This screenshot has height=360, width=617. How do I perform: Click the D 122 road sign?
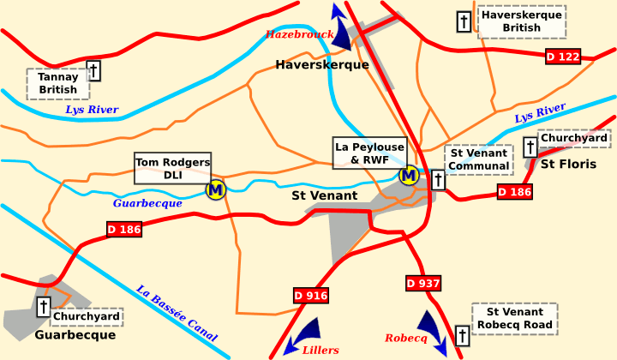click(563, 57)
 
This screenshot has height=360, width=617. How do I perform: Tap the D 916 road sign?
click(311, 296)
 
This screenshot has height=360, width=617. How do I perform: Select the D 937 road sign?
click(422, 283)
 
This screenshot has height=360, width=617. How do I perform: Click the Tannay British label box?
click(57, 83)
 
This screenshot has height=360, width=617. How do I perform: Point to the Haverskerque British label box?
click(521, 21)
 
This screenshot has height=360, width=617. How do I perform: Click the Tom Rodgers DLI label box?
click(173, 169)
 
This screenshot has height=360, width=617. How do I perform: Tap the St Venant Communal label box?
click(478, 159)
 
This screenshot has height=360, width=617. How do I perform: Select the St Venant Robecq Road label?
click(514, 318)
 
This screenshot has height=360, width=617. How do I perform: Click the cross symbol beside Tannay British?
click(93, 70)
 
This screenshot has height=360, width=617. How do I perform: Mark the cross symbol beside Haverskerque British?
click(464, 21)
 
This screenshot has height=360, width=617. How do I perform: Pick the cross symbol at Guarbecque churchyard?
click(43, 307)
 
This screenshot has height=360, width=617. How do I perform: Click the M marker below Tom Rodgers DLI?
click(216, 189)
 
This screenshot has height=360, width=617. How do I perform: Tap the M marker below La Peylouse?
click(409, 176)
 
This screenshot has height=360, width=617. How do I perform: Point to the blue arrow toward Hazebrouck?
click(341, 28)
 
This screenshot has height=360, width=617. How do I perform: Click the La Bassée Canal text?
click(177, 313)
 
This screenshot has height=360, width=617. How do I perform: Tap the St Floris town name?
click(567, 164)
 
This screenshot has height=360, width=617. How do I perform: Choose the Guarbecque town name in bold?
click(75, 335)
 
